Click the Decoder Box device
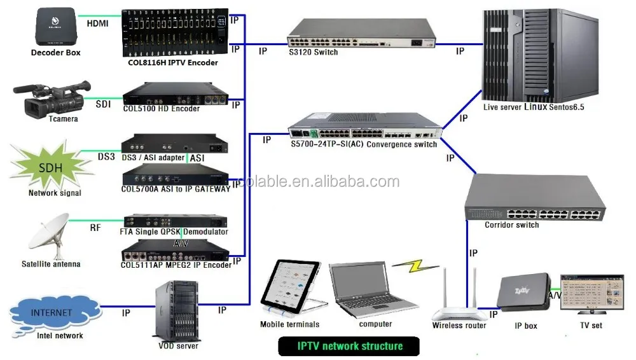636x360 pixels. point(55,25)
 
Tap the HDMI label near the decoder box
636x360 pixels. point(97,24)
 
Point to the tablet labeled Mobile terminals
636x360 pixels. point(289,287)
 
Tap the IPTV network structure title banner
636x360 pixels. point(349,346)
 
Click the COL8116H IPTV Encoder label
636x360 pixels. point(172,62)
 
